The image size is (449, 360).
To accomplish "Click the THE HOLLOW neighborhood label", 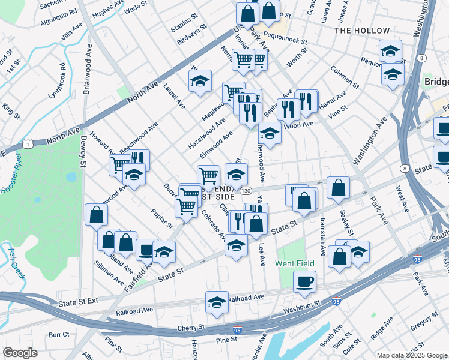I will pos(362,30).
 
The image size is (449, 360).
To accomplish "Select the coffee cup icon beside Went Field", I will pos(304,281).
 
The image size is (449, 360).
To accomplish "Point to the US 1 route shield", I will pos(27,144).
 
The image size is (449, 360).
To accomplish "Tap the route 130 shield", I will pos(246,190).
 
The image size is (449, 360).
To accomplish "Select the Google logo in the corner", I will pos(20,353).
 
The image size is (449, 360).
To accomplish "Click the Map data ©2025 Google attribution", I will pos(412,355).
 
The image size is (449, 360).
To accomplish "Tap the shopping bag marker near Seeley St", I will pos(339,188).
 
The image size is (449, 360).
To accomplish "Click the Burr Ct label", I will pos(59,334).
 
